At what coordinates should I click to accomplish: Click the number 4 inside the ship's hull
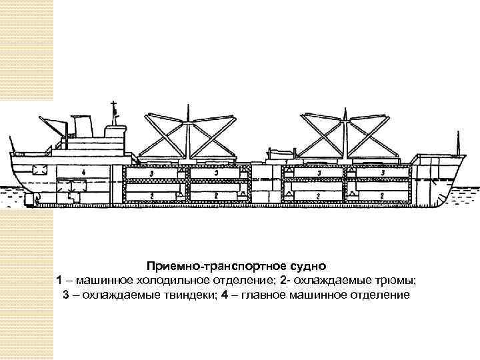pos(83,172)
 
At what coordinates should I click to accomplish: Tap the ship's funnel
pos(83,127)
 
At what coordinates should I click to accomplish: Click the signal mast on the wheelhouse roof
pos(114,112)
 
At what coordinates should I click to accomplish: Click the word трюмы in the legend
pos(402,279)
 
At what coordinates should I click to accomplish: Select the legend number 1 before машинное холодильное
pos(60,279)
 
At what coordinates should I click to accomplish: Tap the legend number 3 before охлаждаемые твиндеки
pos(66,294)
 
